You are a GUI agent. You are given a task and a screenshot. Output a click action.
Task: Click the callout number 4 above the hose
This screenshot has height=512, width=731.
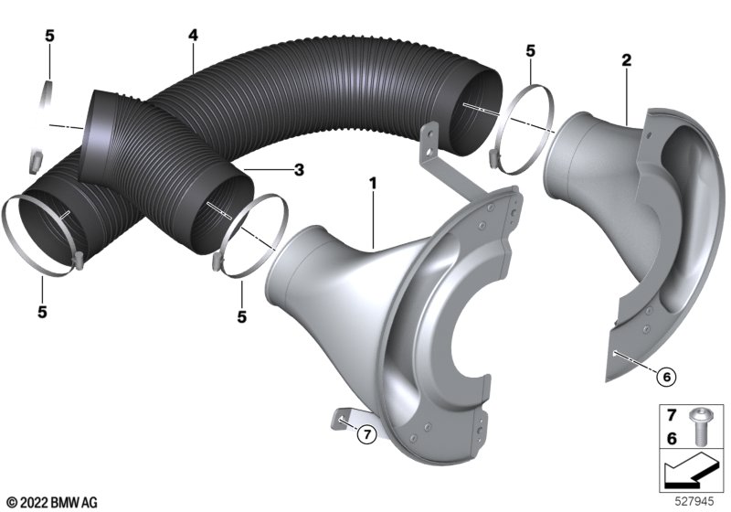pos(193,35)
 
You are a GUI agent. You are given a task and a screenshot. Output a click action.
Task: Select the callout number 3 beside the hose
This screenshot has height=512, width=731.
pos(299,170)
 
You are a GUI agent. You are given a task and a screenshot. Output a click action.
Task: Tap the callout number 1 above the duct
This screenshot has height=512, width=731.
pos(373,183)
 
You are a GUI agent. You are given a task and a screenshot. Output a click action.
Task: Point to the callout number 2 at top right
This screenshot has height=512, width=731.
pos(626,59)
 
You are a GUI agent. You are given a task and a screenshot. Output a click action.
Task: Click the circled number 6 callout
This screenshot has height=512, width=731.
pos(666,377)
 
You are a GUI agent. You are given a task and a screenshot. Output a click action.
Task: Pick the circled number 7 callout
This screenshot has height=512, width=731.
pos(367,434)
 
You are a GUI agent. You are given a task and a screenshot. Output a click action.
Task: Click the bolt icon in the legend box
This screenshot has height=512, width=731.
pos(698,426)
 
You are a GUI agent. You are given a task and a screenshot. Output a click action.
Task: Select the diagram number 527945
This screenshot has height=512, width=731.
pos(694,502)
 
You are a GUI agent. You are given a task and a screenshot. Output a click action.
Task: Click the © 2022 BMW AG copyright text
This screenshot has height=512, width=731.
pos(53,503)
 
